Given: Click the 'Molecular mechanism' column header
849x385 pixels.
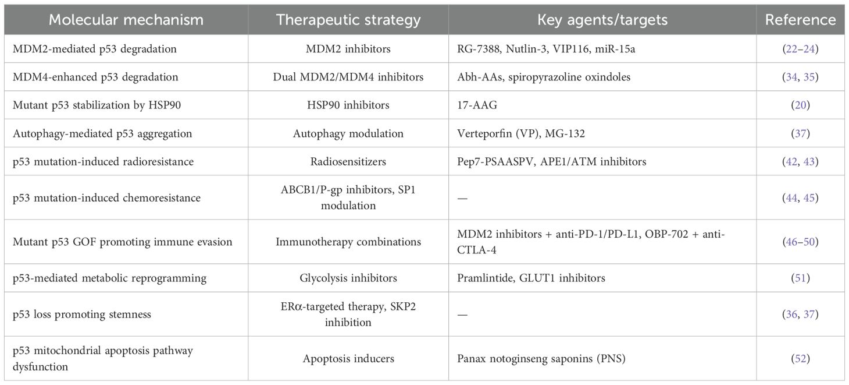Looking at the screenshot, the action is point(126,20).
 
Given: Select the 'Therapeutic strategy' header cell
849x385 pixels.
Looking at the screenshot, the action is point(348,20).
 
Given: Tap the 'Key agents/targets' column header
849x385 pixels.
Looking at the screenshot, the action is point(602,20).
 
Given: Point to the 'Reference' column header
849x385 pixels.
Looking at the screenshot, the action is point(800,20).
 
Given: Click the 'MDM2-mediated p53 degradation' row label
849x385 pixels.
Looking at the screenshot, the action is point(95,49).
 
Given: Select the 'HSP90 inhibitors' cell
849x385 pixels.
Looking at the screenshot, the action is point(348,105).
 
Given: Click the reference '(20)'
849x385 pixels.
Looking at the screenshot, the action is point(800,105).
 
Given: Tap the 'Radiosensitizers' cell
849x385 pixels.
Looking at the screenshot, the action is point(348,161).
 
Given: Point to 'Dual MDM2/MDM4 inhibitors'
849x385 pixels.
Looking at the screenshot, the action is point(348,77).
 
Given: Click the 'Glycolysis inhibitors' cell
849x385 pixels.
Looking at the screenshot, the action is point(348,278).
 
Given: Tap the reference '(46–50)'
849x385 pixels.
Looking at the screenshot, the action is point(800,242).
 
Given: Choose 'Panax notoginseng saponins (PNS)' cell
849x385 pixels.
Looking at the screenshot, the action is point(541,358).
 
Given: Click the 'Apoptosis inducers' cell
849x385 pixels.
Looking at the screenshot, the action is point(348,358).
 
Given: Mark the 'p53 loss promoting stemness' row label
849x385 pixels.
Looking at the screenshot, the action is point(82,314).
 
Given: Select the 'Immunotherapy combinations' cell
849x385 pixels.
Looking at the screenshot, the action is point(348,242).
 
